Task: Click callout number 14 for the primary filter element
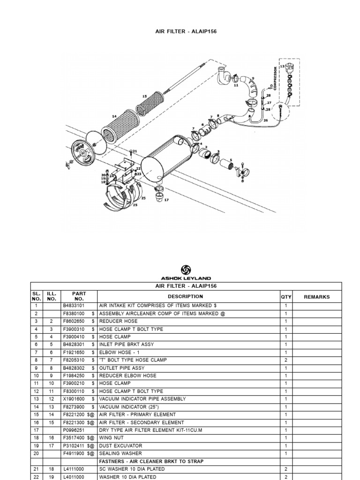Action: point(114,116)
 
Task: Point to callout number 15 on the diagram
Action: point(144,96)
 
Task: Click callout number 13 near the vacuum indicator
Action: point(282,67)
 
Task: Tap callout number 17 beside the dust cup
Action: point(166,200)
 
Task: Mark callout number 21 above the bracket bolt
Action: point(135,151)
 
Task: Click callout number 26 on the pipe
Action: point(265,120)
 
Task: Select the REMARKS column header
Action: point(316,297)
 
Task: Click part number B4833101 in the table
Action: point(74,306)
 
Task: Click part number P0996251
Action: point(74,430)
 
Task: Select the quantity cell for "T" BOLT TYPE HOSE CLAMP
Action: point(286,360)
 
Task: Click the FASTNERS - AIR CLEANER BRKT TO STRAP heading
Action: point(151,462)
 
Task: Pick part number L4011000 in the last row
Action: point(74,477)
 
